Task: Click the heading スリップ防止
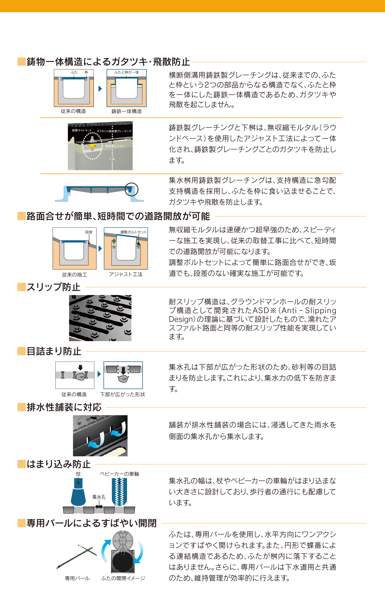tap(54, 287)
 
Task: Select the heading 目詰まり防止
tap(54, 351)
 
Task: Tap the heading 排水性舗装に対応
tap(64, 407)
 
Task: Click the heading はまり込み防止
tap(59, 464)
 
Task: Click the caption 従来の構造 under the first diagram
tap(73, 111)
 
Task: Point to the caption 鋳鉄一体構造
tap(126, 111)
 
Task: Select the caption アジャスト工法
tap(126, 274)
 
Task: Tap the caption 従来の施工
tap(75, 275)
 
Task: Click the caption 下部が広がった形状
tap(123, 395)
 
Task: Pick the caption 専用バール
tap(77, 578)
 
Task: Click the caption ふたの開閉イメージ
tap(123, 578)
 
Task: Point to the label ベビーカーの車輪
tap(119, 474)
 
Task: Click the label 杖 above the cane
tap(78, 474)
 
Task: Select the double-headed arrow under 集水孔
tap(99, 507)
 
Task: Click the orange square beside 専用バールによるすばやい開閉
tap(22, 523)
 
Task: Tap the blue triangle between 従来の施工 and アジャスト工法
tap(100, 248)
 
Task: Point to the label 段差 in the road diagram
tap(89, 232)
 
